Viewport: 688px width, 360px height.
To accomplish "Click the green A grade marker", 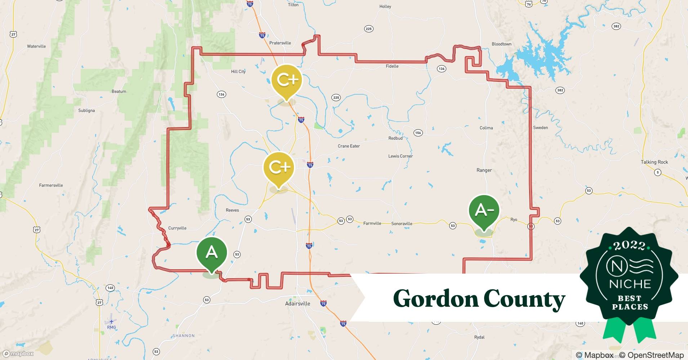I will [211, 253].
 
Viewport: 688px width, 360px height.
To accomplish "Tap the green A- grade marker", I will [484, 210].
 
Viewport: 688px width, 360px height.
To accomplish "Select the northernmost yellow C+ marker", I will [287, 80].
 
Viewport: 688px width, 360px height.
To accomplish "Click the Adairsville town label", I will [298, 303].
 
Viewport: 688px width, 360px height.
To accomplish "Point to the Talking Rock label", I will [654, 162].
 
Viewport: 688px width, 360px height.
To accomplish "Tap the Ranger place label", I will [484, 170].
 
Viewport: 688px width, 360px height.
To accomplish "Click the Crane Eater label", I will [349, 146].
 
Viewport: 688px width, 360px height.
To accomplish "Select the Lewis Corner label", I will [400, 156].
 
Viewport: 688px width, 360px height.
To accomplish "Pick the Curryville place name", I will [177, 228].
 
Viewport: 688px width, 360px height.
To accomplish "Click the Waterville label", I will [36, 46].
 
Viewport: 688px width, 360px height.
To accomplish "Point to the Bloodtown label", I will [501, 44].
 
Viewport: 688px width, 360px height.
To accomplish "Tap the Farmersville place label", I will [51, 185].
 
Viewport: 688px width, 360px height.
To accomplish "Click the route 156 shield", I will [418, 133].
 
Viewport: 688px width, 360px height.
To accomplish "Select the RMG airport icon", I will [111, 321].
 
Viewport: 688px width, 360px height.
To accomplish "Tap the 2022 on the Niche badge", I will [629, 246].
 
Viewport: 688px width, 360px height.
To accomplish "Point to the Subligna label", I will [86, 111].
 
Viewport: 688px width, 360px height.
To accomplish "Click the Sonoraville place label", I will [402, 224].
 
